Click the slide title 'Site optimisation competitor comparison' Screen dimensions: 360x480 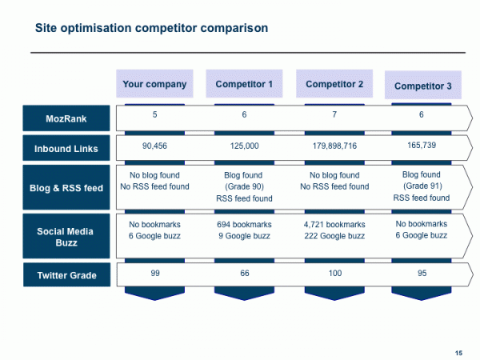151,28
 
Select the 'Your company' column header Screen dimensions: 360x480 154,84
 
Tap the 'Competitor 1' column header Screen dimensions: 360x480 244,84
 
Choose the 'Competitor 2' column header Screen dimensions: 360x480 334,84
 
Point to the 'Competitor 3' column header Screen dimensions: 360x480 423,86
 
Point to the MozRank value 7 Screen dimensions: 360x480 334,115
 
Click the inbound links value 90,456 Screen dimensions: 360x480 154,146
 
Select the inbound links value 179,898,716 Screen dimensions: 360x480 334,146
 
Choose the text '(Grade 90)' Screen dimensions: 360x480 244,186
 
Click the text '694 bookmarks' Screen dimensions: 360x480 244,225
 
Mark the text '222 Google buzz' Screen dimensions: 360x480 334,236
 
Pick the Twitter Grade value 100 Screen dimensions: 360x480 334,274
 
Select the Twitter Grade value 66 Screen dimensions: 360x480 244,274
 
